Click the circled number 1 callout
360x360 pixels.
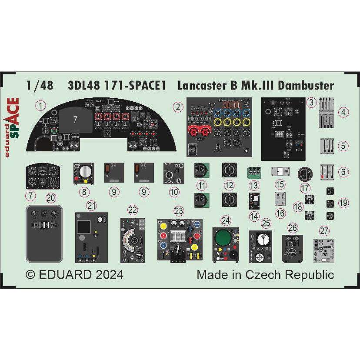click(41, 105)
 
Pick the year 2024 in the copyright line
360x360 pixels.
click(107, 275)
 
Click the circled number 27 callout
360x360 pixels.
click(325, 231)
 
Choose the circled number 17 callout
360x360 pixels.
click(305, 189)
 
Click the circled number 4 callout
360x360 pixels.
click(343, 113)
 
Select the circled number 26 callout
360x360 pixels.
click(293, 228)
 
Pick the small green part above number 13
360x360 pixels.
click(253, 173)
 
